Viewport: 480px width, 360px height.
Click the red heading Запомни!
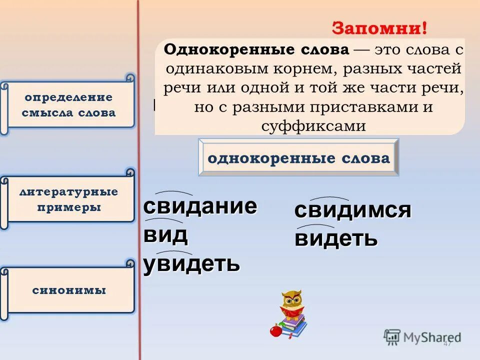click(x=379, y=28)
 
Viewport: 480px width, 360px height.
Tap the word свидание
click(x=200, y=206)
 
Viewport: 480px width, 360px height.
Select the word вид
click(x=165, y=234)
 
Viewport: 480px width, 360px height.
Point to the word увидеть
click(x=191, y=263)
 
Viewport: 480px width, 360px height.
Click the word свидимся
click(x=352, y=210)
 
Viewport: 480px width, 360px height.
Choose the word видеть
click(x=335, y=238)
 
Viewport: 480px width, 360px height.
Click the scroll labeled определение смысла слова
click(x=69, y=105)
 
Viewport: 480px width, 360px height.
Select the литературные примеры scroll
click(x=69, y=199)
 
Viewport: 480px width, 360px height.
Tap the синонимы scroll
click(x=69, y=290)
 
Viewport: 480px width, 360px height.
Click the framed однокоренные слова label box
click(x=298, y=158)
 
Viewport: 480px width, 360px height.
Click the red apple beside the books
click(x=274, y=330)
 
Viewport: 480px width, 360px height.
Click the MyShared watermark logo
click(x=422, y=337)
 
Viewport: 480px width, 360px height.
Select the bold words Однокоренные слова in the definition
click(x=256, y=50)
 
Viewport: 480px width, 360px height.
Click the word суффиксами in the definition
click(x=313, y=126)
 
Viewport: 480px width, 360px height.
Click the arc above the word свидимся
click(x=328, y=199)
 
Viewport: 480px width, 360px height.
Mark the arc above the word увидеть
click(x=174, y=252)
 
